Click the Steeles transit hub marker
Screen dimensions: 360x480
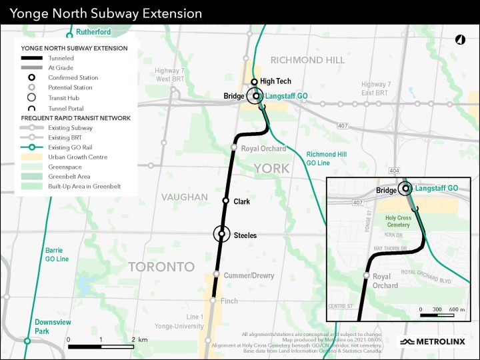tap(222, 235)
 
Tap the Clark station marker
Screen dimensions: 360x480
tap(226, 201)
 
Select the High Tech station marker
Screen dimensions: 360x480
tap(254, 81)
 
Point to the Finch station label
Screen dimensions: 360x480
tap(229, 301)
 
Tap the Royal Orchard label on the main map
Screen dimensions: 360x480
tap(263, 149)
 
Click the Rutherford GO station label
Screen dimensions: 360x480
tap(93, 31)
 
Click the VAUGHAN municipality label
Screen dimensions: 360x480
tap(185, 197)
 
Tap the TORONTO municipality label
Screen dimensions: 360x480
tap(161, 267)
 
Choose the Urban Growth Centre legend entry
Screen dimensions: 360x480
tap(73, 157)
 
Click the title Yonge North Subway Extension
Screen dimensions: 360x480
tap(105, 13)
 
